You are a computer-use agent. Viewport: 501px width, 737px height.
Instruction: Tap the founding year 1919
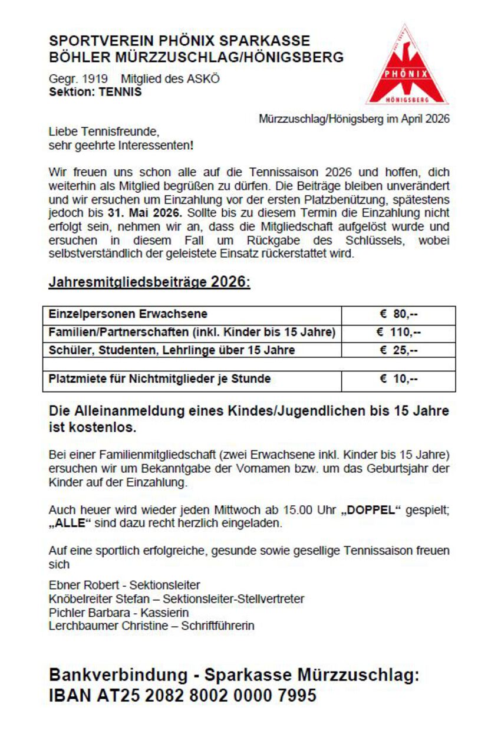coord(95,79)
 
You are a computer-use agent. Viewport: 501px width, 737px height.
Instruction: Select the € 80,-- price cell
coord(398,314)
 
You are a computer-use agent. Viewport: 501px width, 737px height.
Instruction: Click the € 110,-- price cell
coord(398,332)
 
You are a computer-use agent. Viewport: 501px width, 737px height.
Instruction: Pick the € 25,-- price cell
coord(398,350)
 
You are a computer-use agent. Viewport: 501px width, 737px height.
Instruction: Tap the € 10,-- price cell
coord(398,379)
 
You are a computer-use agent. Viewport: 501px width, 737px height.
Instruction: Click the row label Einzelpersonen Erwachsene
coord(128,314)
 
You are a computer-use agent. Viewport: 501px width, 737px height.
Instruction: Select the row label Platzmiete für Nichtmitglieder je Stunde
coord(160,379)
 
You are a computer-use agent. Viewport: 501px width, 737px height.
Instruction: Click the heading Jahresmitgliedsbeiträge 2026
coord(149,282)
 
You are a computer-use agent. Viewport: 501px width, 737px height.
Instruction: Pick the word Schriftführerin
coord(217,626)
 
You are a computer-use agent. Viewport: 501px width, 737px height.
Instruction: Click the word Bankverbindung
coord(120,675)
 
